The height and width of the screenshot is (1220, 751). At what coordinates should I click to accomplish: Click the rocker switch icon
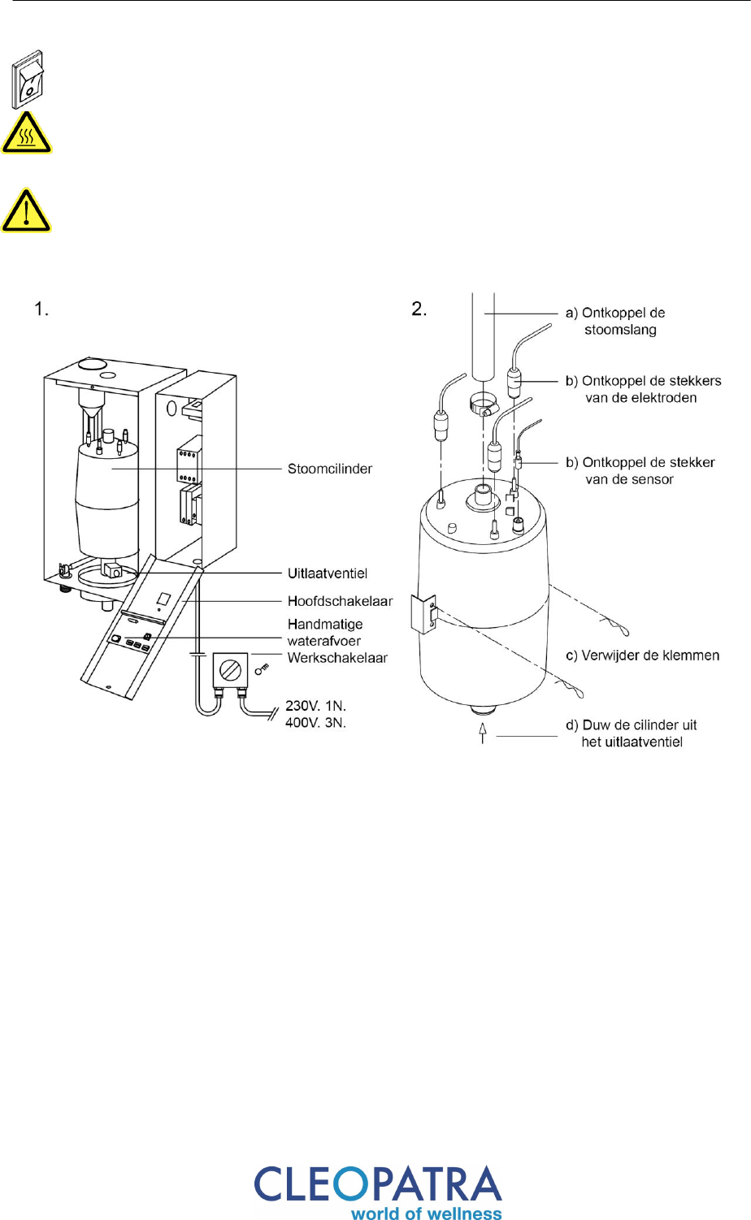click(28, 80)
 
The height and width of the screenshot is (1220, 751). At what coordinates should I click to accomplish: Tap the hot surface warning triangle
click(26, 133)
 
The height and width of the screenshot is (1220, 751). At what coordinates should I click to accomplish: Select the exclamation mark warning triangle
click(26, 210)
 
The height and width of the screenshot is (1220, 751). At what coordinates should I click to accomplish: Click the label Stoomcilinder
click(330, 469)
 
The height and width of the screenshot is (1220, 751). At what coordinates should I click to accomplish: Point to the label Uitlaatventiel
click(328, 573)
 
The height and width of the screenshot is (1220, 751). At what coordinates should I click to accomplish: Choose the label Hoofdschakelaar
click(340, 601)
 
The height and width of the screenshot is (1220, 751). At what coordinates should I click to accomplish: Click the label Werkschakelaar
click(337, 658)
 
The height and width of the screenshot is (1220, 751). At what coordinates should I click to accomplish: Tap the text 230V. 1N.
click(315, 706)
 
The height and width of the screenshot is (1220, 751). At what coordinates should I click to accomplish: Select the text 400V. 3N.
click(315, 723)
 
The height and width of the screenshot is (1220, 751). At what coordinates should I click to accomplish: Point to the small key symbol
click(263, 668)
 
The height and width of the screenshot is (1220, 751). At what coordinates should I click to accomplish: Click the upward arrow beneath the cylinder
click(482, 733)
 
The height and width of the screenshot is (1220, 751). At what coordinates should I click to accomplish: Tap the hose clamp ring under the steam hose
click(483, 405)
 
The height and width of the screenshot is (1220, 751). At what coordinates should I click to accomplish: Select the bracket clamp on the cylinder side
click(424, 614)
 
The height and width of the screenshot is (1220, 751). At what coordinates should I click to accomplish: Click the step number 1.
click(41, 309)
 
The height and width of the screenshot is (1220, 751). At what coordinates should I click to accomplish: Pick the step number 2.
click(419, 309)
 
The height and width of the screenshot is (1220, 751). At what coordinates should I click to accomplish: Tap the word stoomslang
click(620, 330)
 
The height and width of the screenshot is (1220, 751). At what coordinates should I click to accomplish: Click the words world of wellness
click(427, 1213)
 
